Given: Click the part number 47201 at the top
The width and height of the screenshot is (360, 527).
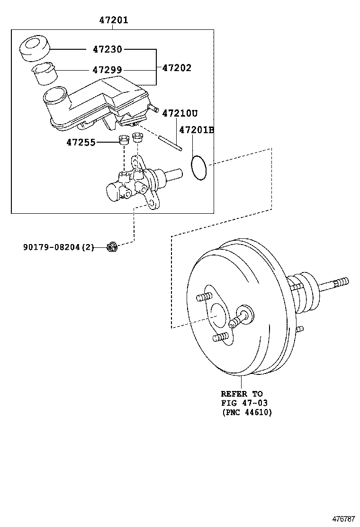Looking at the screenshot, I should [x=113, y=20].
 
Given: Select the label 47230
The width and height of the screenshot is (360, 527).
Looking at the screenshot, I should [x=107, y=49].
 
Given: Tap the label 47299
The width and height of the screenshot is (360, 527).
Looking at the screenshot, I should [x=107, y=70].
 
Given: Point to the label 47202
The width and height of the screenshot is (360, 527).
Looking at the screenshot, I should [x=177, y=68].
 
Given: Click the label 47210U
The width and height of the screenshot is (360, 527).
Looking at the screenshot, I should [x=180, y=113].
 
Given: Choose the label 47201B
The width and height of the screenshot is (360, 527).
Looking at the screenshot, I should [x=196, y=129].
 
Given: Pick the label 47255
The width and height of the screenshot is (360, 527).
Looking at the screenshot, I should [x=81, y=142].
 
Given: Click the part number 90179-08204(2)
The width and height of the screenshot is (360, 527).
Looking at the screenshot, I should [x=59, y=247].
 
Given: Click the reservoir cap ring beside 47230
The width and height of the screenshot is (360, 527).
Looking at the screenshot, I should [x=34, y=49].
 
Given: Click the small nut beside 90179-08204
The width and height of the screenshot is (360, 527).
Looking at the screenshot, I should [x=112, y=246].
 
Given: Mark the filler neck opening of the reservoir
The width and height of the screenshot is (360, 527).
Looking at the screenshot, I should [x=55, y=96].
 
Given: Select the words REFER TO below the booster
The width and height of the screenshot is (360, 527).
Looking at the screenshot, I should [x=242, y=394].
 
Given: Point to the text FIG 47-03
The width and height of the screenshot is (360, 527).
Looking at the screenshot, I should [x=244, y=403].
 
